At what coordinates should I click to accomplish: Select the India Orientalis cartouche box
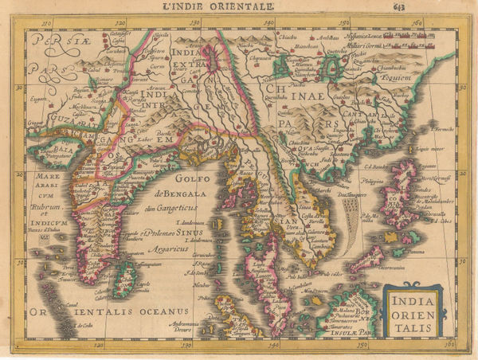[413, 306]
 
